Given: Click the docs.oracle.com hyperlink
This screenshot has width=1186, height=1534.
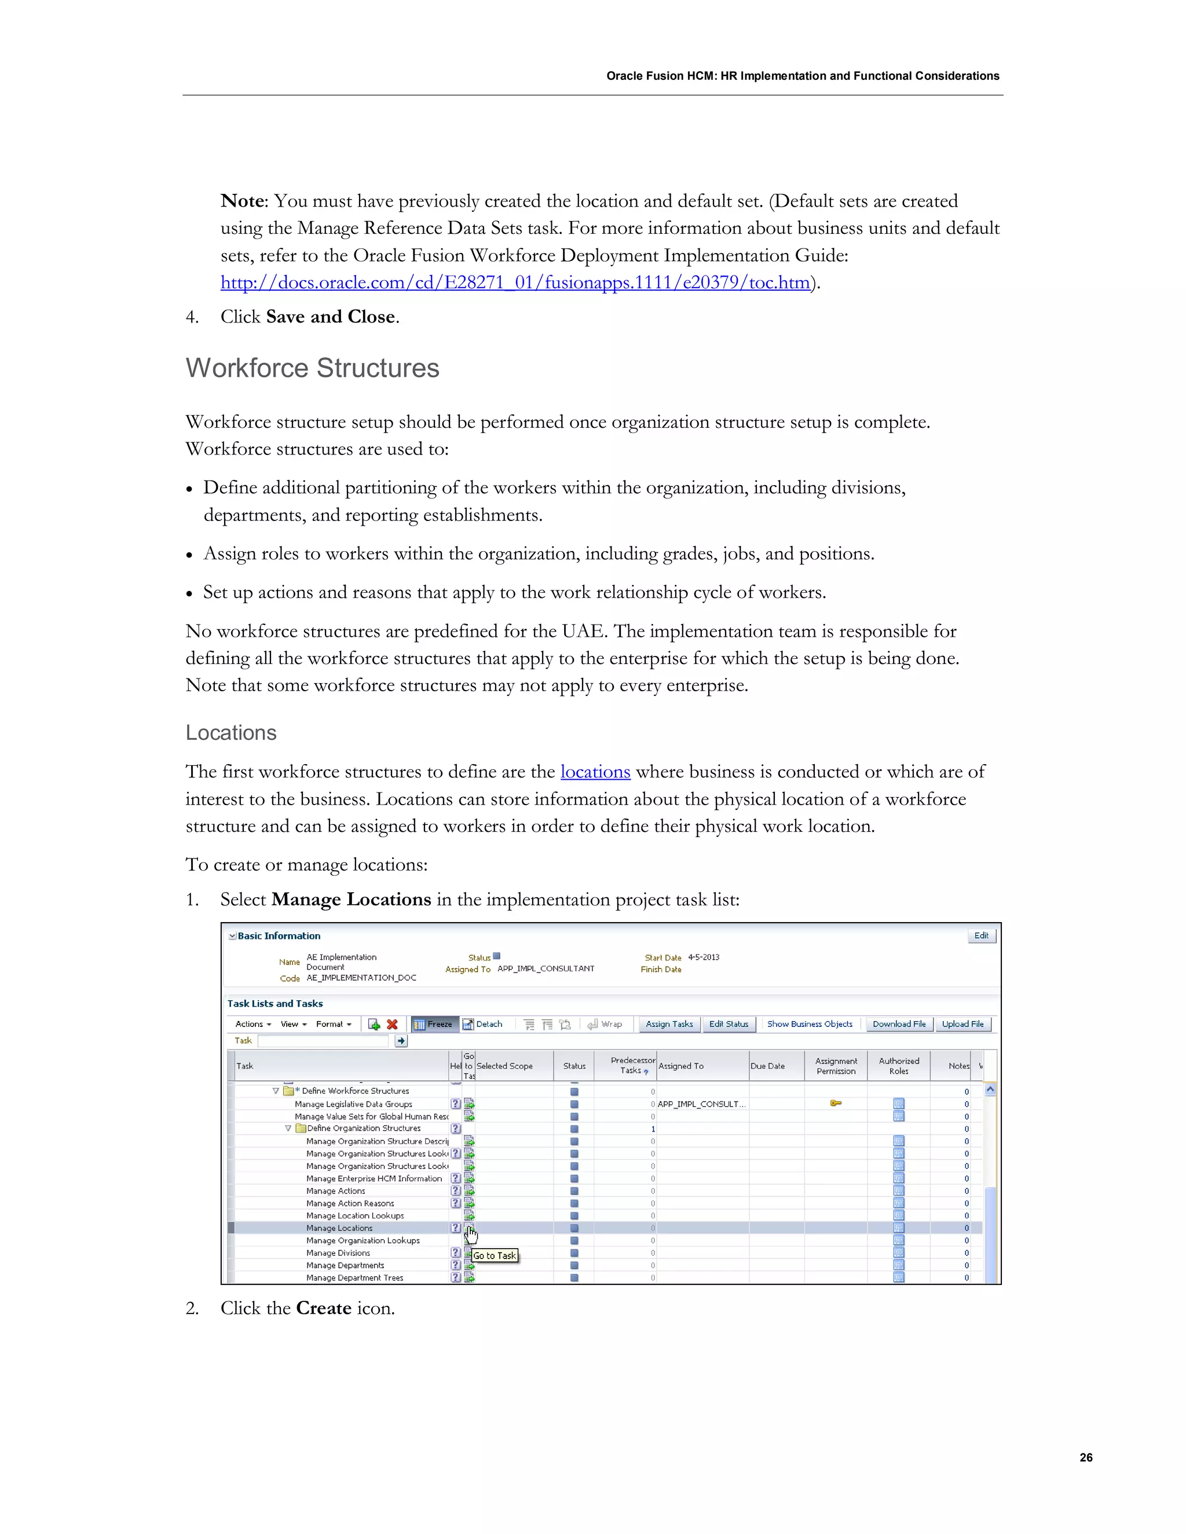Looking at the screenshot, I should tap(515, 282).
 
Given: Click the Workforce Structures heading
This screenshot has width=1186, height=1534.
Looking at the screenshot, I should tap(312, 368).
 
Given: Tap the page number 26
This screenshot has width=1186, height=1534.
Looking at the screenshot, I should tap(1086, 1458).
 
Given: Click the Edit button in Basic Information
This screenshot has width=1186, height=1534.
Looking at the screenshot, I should tap(981, 935).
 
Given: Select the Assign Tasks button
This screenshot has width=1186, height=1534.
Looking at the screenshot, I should tap(669, 1024).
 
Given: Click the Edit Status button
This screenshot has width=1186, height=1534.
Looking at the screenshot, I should tap(728, 1024).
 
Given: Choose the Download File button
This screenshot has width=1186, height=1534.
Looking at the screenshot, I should tap(899, 1024).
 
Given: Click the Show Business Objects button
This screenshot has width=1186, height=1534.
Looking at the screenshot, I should tap(810, 1024).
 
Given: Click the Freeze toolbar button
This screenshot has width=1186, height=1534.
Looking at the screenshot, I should tap(434, 1024).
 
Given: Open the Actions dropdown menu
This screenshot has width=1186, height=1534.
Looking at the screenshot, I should tap(253, 1024).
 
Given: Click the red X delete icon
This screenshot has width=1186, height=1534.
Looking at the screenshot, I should tap(392, 1024).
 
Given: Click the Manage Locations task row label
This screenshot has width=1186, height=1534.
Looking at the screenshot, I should tap(339, 1228).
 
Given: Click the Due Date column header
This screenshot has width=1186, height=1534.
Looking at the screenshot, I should tap(767, 1066).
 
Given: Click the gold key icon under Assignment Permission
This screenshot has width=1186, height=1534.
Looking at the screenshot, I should tap(836, 1103).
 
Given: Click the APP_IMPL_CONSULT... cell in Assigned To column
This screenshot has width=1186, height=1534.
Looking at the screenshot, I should tap(701, 1104).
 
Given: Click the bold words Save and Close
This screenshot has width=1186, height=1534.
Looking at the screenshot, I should tap(330, 317).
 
